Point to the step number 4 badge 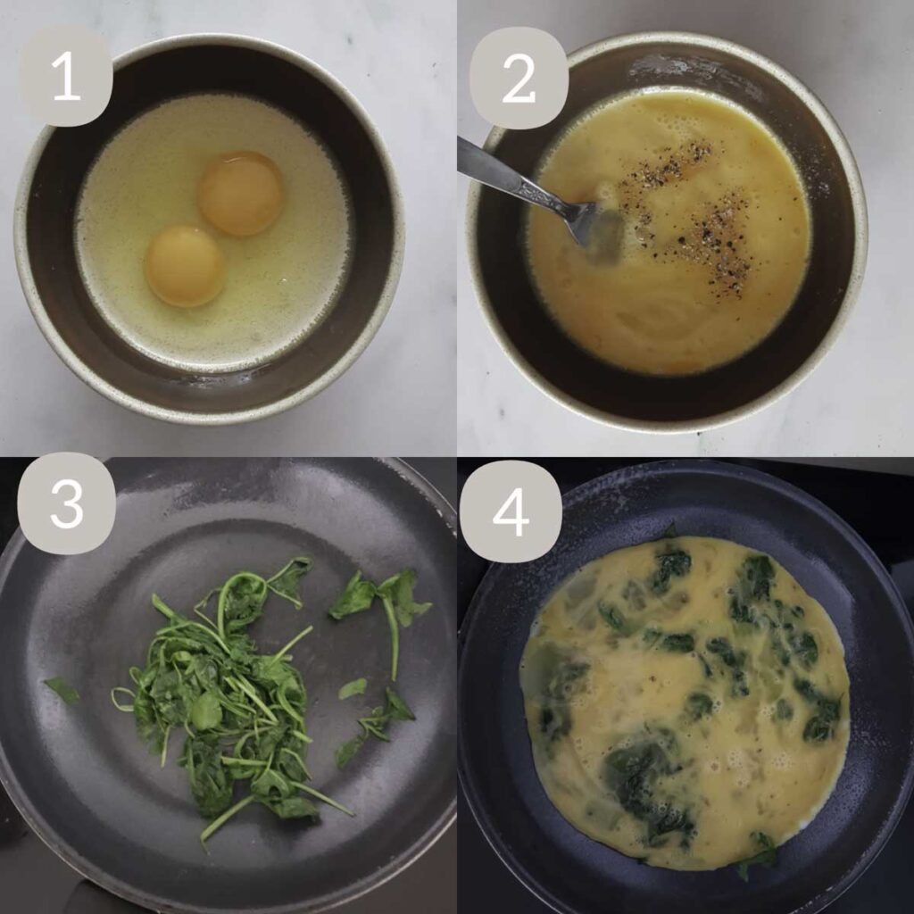pos(511,511)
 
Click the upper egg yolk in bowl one pos(241,193)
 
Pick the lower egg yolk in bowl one pos(185,265)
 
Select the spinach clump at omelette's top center pos(671,567)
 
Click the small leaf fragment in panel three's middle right pos(353,688)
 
